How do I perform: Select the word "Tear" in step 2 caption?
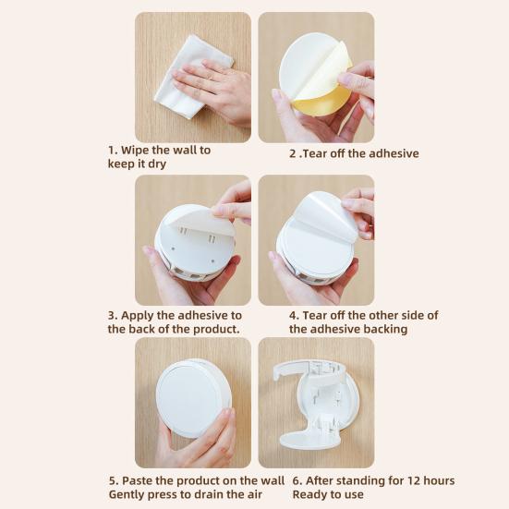coord(315,153)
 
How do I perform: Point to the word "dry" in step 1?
coord(157,164)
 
